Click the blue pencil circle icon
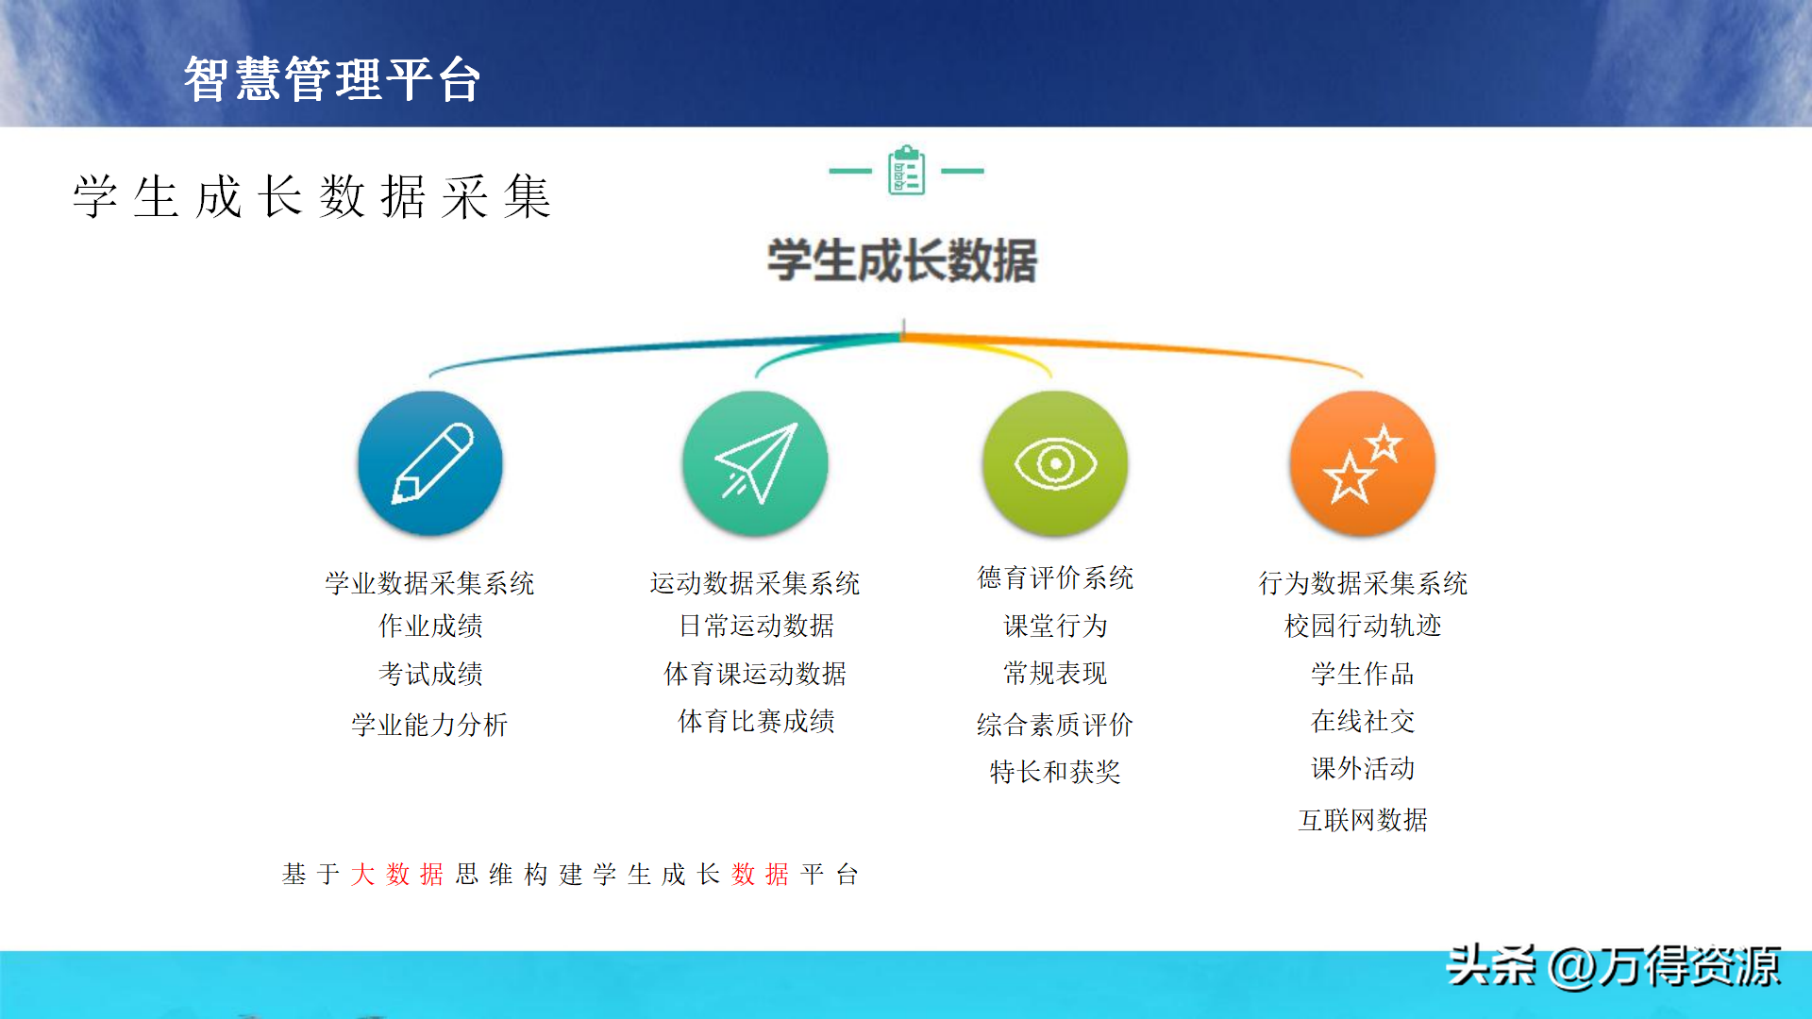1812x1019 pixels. click(x=430, y=463)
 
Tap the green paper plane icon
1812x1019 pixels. click(x=755, y=463)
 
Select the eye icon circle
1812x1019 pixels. click(x=1055, y=463)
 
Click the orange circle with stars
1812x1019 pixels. click(x=1363, y=463)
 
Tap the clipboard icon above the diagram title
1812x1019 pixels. click(x=907, y=170)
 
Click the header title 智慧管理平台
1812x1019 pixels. click(x=332, y=78)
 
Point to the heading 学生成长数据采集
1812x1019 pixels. click(x=312, y=196)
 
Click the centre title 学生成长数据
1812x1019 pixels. click(x=902, y=260)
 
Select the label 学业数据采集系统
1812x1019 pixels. click(x=429, y=583)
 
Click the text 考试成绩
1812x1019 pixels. click(x=430, y=674)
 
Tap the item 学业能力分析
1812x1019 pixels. click(x=429, y=725)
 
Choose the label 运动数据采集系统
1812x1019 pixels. click(x=755, y=583)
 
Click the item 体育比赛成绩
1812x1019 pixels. click(x=756, y=721)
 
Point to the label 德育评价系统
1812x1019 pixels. click(x=1055, y=577)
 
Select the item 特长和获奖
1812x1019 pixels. click(x=1055, y=772)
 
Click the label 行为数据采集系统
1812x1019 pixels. click(x=1363, y=583)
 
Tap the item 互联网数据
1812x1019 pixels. click(x=1363, y=820)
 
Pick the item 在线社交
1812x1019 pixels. click(x=1363, y=721)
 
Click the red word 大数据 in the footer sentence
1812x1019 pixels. click(x=397, y=875)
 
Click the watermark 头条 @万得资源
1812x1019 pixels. click(x=1614, y=966)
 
